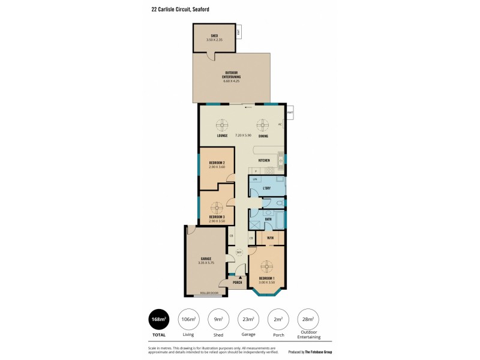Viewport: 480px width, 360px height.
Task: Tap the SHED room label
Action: point(215,36)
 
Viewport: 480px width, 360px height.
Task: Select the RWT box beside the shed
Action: point(238,32)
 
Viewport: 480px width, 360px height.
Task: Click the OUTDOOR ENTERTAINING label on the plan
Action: point(231,74)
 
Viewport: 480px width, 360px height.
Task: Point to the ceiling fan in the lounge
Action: point(222,125)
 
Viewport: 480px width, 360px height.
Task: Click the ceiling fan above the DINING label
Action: point(263,125)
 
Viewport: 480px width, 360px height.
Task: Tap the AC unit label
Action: point(280,125)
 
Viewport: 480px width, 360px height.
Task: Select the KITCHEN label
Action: point(264,161)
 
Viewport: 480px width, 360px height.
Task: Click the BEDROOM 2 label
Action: point(217,163)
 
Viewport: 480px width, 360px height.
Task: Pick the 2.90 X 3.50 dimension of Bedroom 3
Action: point(217,221)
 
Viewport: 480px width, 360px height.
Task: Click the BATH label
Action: point(268,219)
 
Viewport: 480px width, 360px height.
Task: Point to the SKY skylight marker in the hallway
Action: point(239,253)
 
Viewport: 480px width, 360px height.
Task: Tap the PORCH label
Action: point(238,282)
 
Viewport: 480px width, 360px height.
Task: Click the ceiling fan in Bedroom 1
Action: point(267,266)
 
